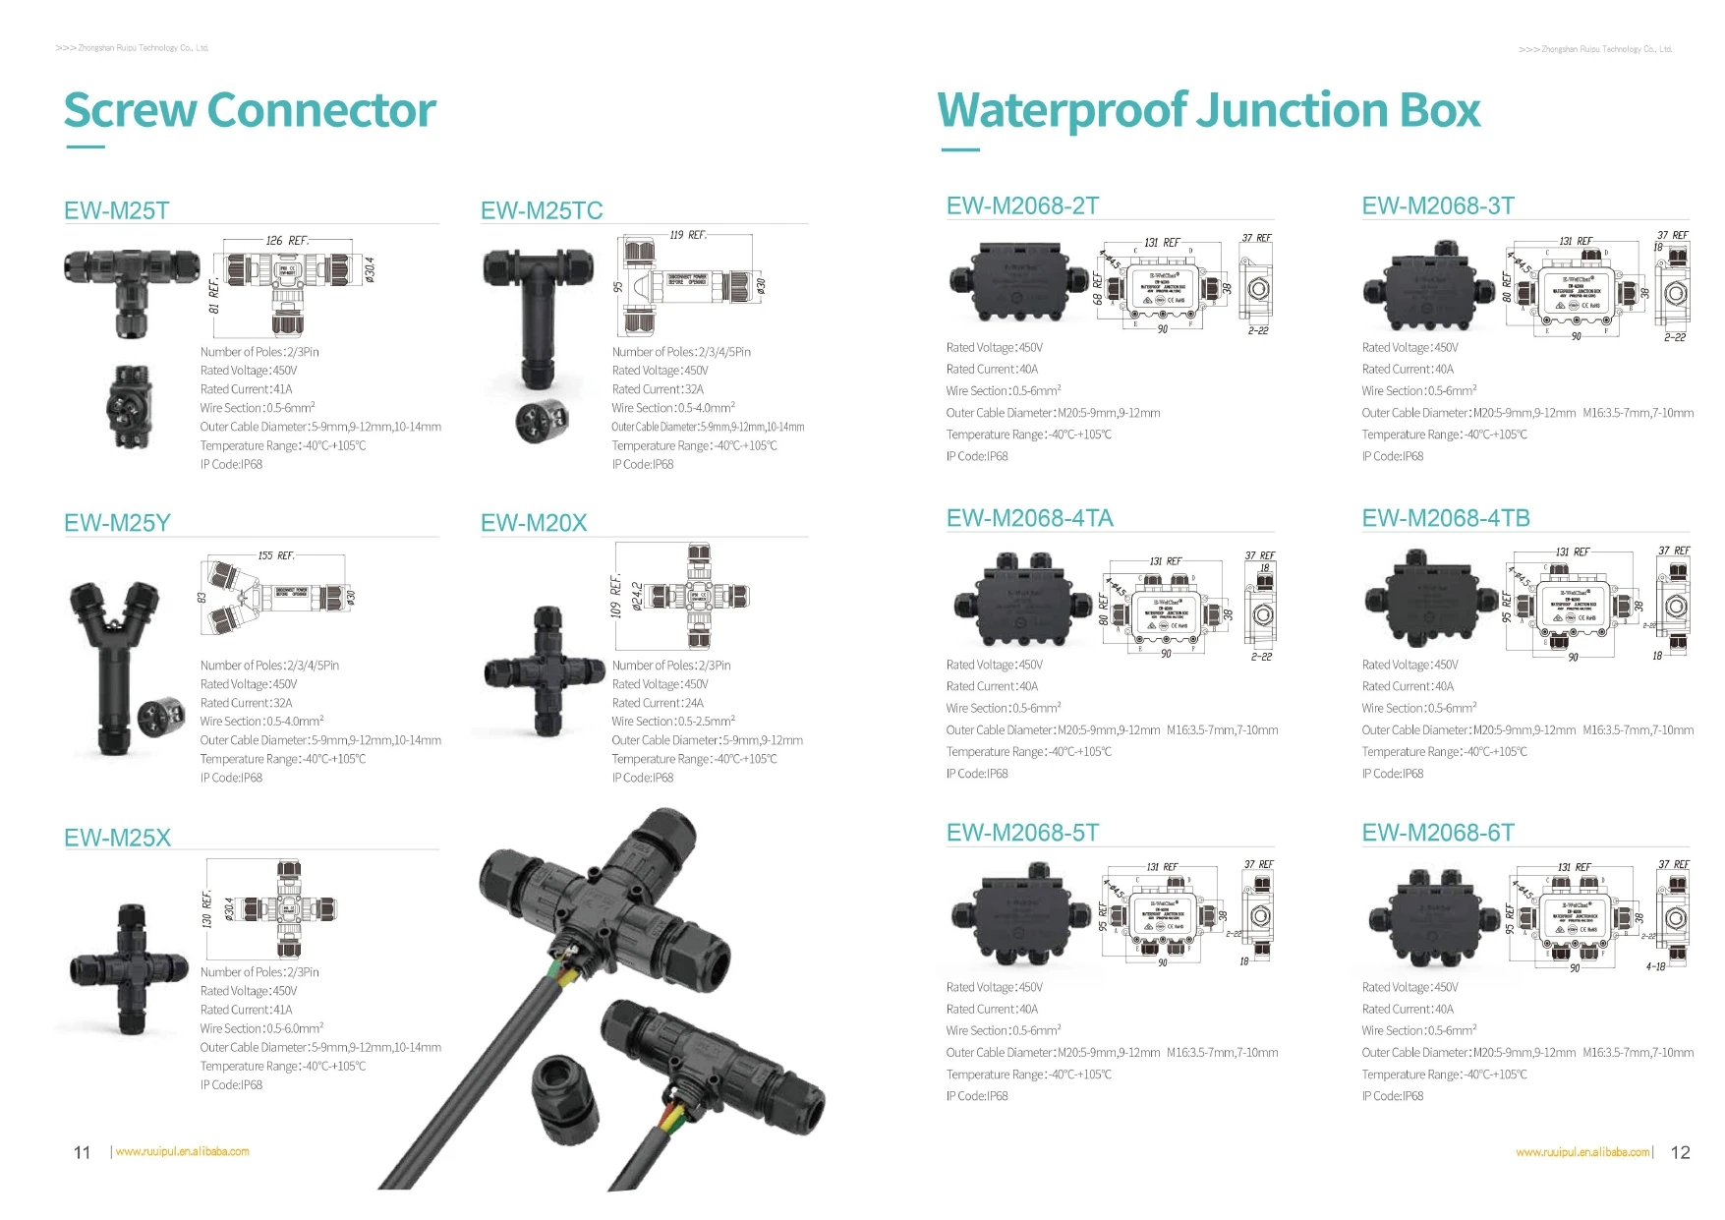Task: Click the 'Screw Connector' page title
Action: [x=250, y=110]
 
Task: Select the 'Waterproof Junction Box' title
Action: [x=1208, y=110]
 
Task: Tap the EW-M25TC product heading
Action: [x=541, y=210]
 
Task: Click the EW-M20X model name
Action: [x=533, y=523]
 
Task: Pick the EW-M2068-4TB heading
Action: [x=1445, y=518]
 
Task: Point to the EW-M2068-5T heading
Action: [x=1022, y=833]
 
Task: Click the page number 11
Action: [x=83, y=1152]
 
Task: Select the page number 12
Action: [x=1680, y=1152]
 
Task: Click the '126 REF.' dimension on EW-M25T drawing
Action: [x=287, y=241]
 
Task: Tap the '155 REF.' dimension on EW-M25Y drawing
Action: [x=276, y=555]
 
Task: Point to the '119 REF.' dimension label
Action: [x=688, y=235]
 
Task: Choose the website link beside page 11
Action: [x=182, y=1151]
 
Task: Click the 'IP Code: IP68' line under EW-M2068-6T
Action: [x=1392, y=1096]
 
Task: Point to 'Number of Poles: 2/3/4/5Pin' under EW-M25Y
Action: [x=269, y=666]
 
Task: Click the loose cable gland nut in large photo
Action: [x=565, y=1091]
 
